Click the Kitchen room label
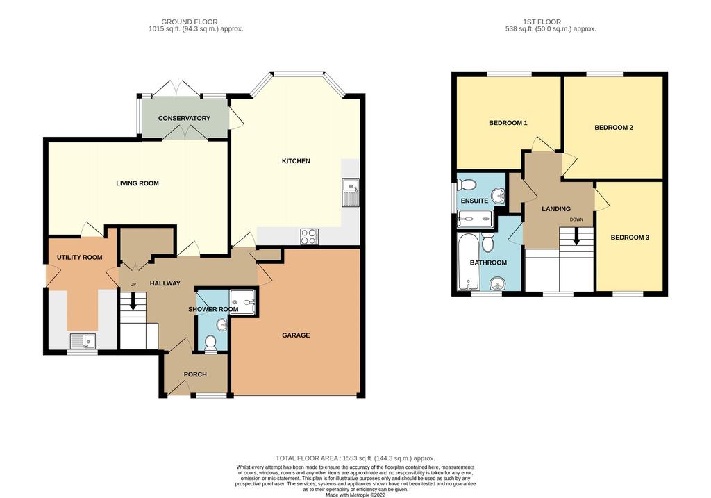[296, 161]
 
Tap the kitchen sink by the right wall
[351, 192]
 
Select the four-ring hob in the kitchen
[309, 236]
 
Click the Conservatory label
[184, 118]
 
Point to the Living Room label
[137, 183]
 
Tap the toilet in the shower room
[210, 343]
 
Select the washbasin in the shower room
[222, 325]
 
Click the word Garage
[296, 335]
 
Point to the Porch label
[195, 374]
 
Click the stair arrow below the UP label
[133, 301]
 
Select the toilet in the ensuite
[467, 184]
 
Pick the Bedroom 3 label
[630, 238]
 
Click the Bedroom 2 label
[614, 128]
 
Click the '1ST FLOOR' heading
[542, 22]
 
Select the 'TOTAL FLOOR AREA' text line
[355, 458]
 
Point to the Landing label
[556, 209]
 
